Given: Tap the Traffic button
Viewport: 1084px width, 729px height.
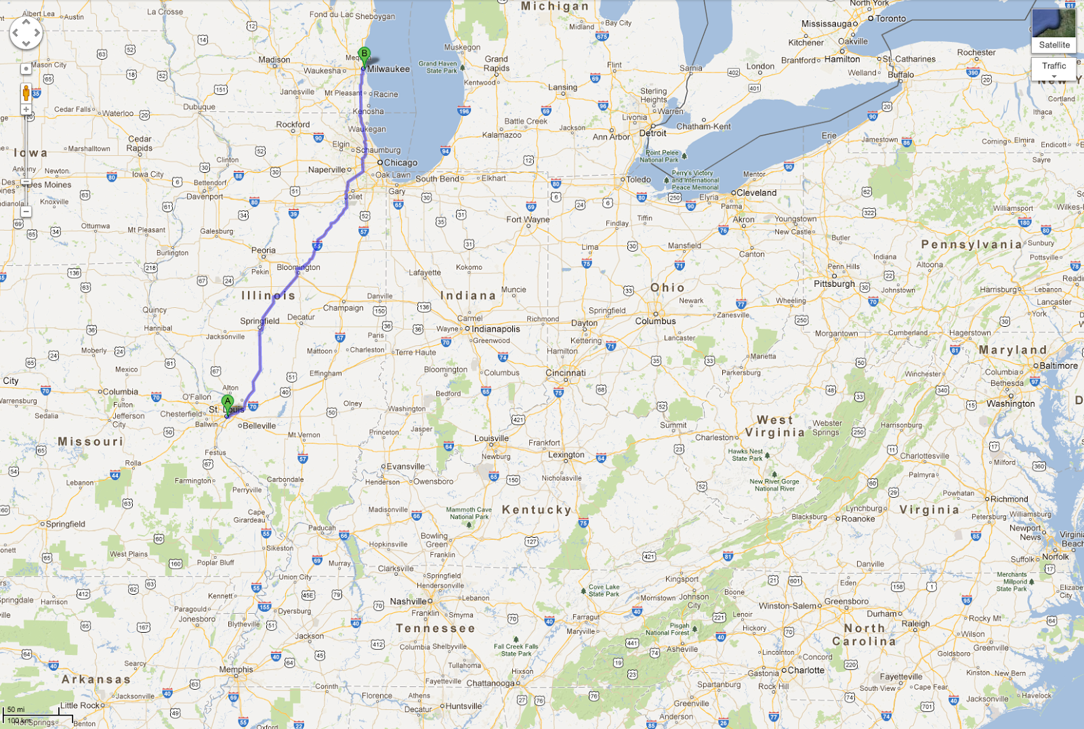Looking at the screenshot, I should pos(1054,66).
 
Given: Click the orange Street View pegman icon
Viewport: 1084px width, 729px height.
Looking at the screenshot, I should pos(26,93).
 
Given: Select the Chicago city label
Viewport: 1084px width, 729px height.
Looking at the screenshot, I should pos(400,163).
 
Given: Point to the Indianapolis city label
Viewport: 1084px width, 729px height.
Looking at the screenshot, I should pos(496,329).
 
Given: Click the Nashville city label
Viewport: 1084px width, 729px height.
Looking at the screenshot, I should pos(408,602).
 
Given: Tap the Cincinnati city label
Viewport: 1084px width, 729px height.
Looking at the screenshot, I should pos(566,373).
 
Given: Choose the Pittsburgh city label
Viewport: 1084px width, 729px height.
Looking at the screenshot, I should pos(834,283).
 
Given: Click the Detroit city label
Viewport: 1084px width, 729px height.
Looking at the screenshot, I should pos(653,133).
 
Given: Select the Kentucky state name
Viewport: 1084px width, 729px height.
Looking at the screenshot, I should pos(537,509).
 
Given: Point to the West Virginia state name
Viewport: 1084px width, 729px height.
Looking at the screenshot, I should pos(775,427).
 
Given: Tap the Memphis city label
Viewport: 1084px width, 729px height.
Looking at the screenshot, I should pos(236,669).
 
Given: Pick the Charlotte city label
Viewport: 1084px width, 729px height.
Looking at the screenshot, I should pos(806,670).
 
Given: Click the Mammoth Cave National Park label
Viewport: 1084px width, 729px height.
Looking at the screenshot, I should pos(469,513).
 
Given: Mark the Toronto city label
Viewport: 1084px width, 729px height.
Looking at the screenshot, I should pos(890,18).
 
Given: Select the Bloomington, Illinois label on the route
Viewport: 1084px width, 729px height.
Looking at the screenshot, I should pos(298,267).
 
